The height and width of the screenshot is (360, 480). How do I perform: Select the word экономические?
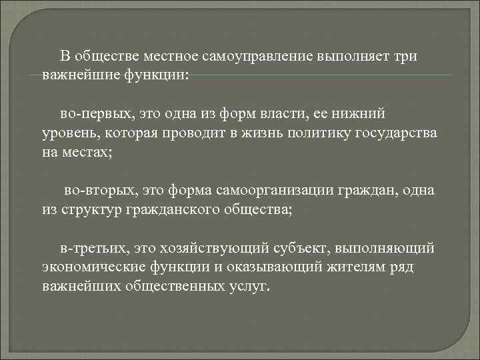[87, 267]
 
